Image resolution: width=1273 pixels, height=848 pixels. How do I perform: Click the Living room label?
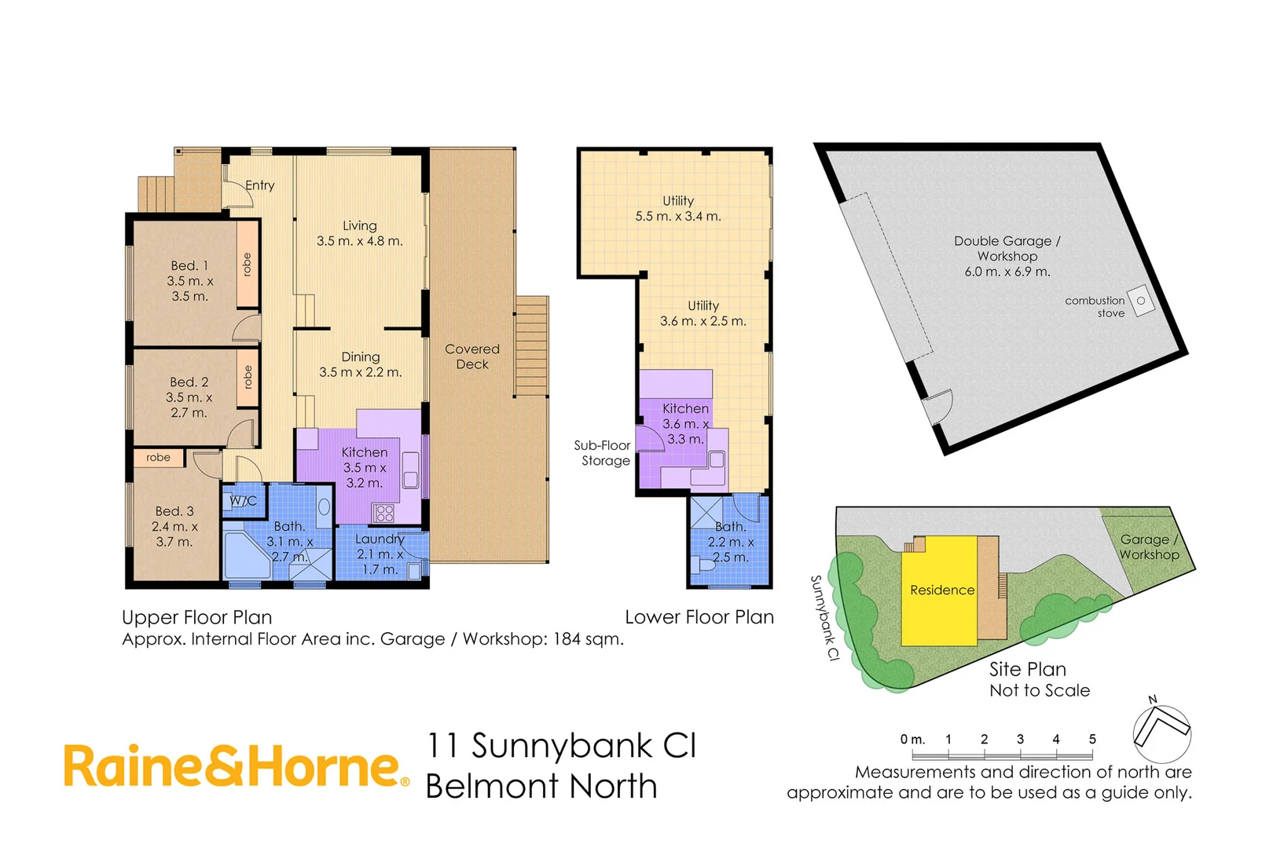pos(359,233)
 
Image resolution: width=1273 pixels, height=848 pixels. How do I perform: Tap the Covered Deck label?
pos(471,356)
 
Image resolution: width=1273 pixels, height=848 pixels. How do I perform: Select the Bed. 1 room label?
pos(189,280)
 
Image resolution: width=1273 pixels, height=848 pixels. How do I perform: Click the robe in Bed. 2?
pos(248,378)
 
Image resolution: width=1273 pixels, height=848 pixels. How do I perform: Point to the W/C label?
pos(243,501)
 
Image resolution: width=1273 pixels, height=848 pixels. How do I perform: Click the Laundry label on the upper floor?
pos(380,554)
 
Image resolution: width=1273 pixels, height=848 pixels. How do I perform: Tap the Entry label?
pos(259,185)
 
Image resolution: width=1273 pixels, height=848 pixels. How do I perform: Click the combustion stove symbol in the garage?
pos(1141,301)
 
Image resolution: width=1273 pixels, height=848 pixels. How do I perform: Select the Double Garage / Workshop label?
pos(1007,256)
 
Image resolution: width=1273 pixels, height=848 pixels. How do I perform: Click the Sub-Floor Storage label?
pos(603,453)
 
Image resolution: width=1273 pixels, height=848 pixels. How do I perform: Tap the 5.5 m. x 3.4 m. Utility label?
pos(678,209)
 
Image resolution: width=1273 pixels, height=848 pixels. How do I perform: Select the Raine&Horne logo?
pos(236,766)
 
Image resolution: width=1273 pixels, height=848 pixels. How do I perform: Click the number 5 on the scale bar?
pos(1092,739)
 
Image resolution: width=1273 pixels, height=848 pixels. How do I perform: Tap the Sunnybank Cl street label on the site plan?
pos(824,618)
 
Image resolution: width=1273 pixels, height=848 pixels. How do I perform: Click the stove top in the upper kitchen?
pos(384,514)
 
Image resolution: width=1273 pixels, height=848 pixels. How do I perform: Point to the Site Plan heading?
pos(1027,669)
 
